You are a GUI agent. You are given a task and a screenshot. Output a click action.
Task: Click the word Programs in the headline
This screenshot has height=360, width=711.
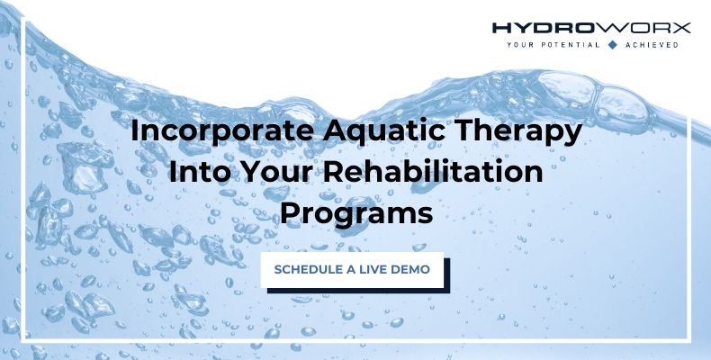pos(356,214)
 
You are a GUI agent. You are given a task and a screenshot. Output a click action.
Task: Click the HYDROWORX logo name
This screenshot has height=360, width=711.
pos(591,28)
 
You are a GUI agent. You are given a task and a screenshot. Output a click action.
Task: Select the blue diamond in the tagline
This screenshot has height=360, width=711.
pos(612,43)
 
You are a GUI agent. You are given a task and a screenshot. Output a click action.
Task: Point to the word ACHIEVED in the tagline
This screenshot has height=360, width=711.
pos(652,43)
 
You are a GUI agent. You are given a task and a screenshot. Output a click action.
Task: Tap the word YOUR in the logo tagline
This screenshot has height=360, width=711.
pos(519,43)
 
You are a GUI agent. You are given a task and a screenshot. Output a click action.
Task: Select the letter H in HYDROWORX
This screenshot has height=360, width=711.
pos(499,28)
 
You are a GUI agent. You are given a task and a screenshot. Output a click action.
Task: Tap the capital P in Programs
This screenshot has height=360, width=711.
pos(292,214)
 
